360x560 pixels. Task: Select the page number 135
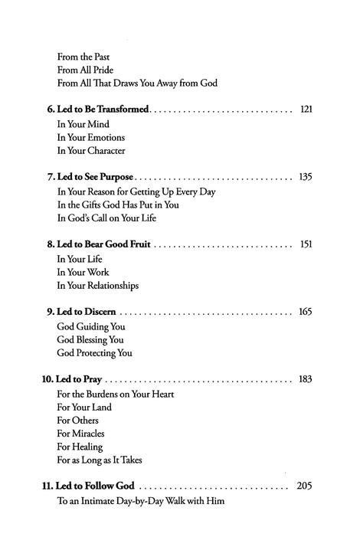(x=305, y=177)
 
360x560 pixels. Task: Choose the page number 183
(x=305, y=379)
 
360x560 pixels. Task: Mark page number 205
(x=305, y=486)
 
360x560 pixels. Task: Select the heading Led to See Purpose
(x=91, y=177)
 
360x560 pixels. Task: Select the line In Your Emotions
(x=90, y=137)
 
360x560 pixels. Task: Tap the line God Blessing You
(x=90, y=339)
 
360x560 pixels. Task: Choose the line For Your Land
(x=83, y=407)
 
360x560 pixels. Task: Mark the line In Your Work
(x=83, y=272)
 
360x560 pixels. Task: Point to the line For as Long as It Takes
(x=99, y=460)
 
